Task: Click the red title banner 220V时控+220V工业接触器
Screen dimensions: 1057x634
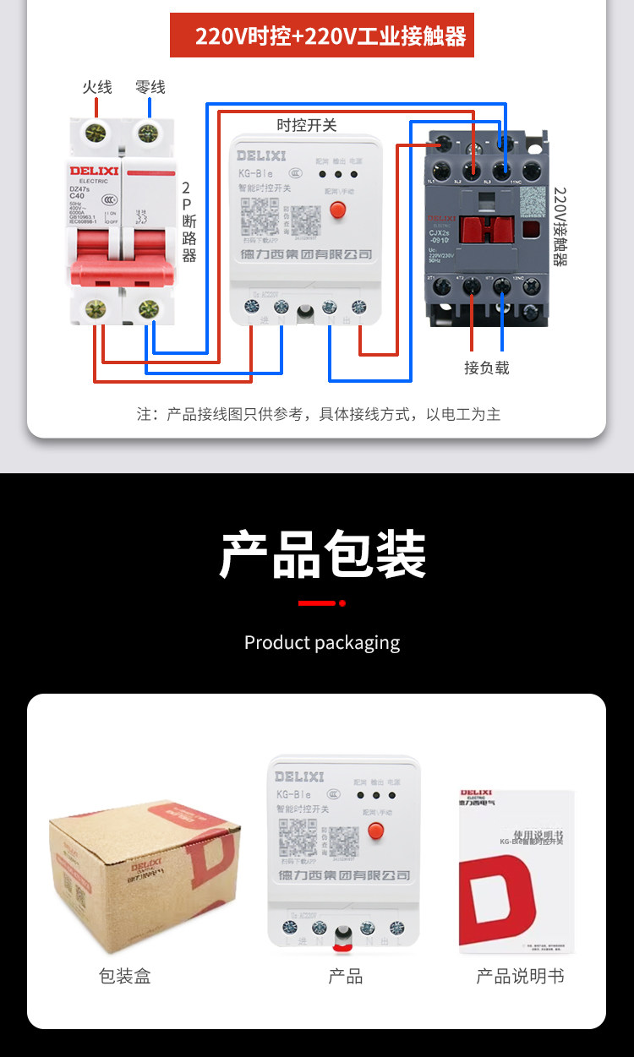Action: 322,36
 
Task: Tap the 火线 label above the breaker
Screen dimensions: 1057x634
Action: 96,87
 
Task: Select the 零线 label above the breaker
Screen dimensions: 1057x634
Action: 150,87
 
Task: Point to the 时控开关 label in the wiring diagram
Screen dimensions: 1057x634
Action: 307,125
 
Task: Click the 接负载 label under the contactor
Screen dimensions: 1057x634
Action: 487,368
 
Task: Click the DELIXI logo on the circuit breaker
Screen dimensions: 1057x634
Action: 92,171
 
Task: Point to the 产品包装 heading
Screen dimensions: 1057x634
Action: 323,555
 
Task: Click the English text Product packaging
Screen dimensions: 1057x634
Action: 322,642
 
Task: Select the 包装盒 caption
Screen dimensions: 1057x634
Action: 124,977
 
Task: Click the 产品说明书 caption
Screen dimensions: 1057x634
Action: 520,977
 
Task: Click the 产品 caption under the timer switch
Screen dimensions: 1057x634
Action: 345,977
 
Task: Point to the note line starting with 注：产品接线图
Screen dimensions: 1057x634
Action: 319,414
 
